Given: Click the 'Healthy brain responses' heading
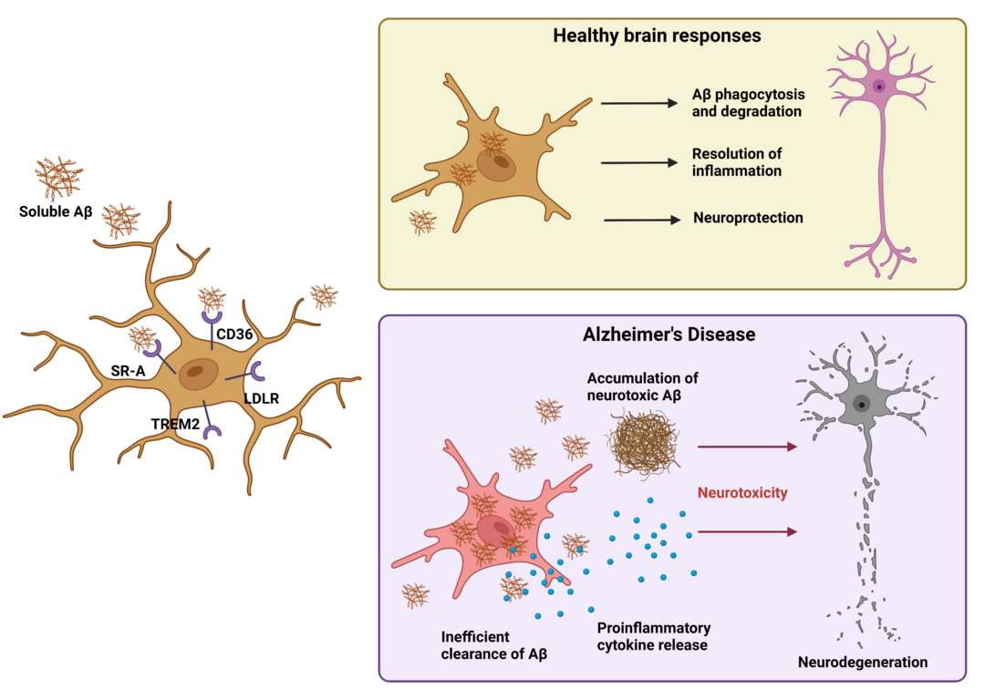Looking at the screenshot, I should point(657,37).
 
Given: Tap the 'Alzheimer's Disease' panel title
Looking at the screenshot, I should point(669,334).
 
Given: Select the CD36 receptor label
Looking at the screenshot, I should point(234,334).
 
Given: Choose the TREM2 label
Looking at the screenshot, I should point(176,423).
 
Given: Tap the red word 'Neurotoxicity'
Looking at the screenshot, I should point(742,493).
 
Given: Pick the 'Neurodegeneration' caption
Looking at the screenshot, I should point(863,662).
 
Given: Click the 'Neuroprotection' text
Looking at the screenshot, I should point(748,218).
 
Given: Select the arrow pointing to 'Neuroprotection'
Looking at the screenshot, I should point(642,220).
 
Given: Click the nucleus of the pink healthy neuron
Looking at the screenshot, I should point(879,87).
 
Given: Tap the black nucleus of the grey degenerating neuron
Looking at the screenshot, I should point(860,404).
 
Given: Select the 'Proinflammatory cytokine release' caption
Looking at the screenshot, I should point(654,637).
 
